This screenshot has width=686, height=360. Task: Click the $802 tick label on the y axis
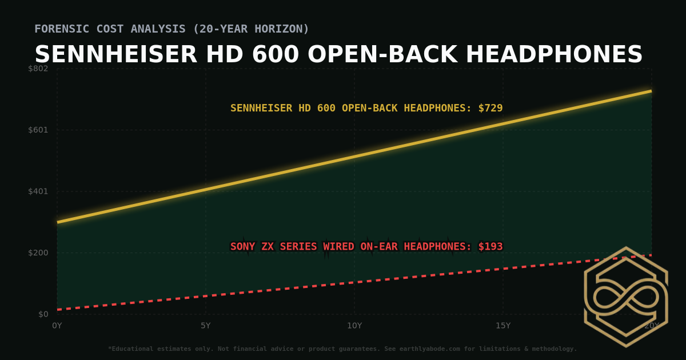pyautogui.click(x=39, y=69)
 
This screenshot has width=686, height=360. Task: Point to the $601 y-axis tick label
pyautogui.click(x=39, y=130)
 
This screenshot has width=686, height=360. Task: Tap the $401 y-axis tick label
pyautogui.click(x=39, y=191)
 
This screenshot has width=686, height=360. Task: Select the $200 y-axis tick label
pyautogui.click(x=39, y=253)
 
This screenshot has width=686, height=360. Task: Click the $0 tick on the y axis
pyautogui.click(x=43, y=314)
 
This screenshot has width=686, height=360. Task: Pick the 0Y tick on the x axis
pyautogui.click(x=57, y=326)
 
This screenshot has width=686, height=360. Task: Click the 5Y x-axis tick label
pyautogui.click(x=206, y=326)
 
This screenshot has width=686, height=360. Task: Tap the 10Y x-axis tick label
pyautogui.click(x=354, y=326)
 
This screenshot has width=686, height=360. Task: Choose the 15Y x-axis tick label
pyautogui.click(x=503, y=326)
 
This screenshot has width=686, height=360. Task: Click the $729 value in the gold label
pyautogui.click(x=490, y=108)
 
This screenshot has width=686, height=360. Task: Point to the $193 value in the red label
pyautogui.click(x=490, y=247)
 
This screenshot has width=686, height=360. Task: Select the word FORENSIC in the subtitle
pyautogui.click(x=59, y=29)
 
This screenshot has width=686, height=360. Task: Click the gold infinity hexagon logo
pyautogui.click(x=626, y=297)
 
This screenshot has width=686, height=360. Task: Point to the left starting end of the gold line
pyautogui.click(x=58, y=222)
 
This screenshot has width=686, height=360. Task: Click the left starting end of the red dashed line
pyautogui.click(x=58, y=310)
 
